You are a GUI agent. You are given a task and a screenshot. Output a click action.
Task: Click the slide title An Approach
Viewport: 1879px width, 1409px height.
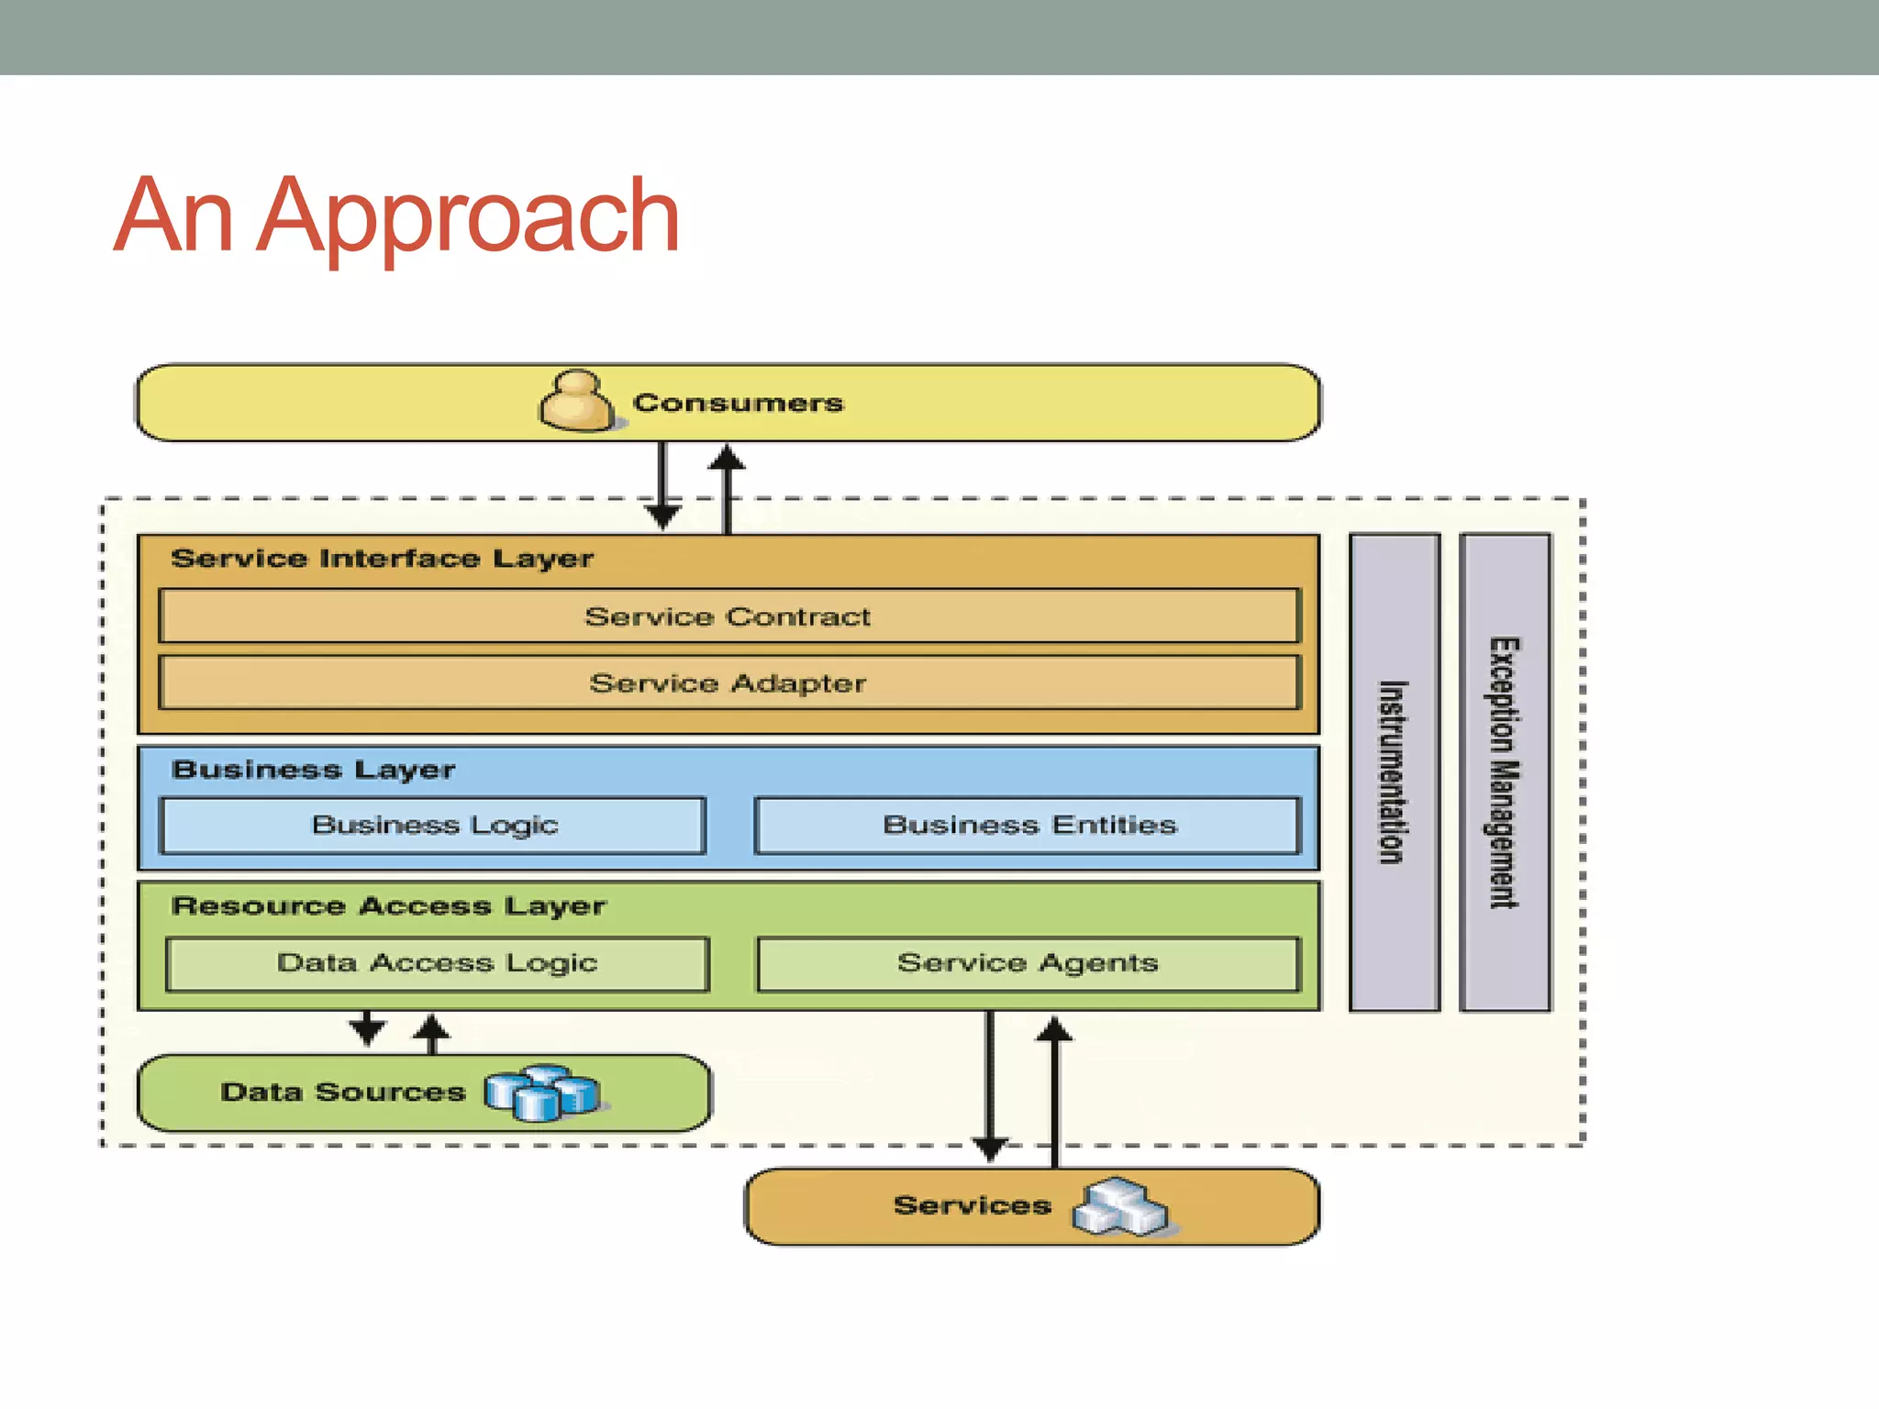(x=396, y=216)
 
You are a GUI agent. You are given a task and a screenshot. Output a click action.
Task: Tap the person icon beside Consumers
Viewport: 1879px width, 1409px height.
(x=576, y=401)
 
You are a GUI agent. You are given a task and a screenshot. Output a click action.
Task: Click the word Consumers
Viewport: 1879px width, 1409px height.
(x=738, y=403)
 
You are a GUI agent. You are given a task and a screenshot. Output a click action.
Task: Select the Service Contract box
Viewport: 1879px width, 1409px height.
(x=728, y=616)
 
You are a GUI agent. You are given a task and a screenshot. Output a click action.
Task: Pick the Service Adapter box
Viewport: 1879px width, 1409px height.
(x=728, y=683)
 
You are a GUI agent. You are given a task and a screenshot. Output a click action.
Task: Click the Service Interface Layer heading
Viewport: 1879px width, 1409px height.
(x=382, y=559)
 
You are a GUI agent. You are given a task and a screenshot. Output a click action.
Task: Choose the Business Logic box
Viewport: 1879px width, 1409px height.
(x=434, y=826)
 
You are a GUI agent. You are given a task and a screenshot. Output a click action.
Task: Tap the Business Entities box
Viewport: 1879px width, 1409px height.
(x=1028, y=826)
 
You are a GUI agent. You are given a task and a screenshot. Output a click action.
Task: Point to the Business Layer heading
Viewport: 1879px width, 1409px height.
(x=313, y=770)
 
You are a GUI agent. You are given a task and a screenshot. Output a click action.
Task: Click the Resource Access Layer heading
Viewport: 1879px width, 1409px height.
(x=388, y=906)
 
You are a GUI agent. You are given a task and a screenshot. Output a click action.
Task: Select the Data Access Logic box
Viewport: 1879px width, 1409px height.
(x=438, y=963)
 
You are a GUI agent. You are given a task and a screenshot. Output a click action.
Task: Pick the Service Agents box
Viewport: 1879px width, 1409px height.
(x=1028, y=963)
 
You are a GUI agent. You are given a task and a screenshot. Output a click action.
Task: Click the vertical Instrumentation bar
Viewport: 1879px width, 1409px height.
(x=1394, y=772)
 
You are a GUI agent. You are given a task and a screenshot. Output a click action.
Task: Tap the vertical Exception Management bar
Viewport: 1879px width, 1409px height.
(x=1504, y=772)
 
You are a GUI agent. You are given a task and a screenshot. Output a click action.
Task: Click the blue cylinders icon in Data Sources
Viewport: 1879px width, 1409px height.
(x=542, y=1093)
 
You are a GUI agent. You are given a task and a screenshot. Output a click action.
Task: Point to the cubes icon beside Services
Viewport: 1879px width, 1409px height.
(x=1119, y=1206)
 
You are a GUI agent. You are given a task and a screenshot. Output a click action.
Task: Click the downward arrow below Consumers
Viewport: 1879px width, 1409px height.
(x=662, y=486)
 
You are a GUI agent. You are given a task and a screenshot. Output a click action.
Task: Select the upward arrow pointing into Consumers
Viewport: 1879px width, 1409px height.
(x=727, y=486)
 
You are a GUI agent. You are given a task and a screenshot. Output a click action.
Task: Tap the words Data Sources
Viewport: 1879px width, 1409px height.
(x=342, y=1093)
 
